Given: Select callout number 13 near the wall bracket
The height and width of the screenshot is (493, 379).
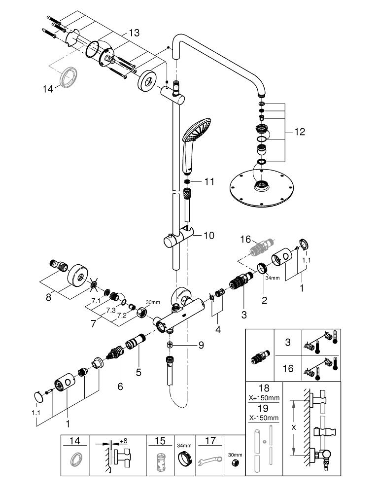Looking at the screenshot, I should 134,33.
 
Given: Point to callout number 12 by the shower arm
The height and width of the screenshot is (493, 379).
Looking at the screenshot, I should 299,132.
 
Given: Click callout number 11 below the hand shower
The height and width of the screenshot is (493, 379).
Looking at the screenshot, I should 209,181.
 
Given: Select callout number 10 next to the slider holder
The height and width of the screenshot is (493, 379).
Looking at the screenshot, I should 209,236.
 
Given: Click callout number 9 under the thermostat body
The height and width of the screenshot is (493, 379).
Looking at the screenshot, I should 201,345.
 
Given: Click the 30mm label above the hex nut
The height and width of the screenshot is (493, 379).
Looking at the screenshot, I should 153,302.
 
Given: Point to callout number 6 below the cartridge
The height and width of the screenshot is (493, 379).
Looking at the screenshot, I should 120,387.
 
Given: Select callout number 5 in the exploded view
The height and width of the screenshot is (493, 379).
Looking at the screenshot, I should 138,373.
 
